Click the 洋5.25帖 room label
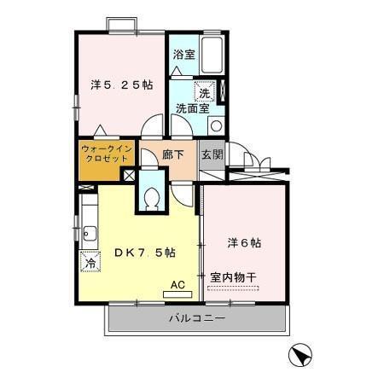123,84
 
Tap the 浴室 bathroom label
183,55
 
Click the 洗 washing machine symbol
204,91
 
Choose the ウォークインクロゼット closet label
106,154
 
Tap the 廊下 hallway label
173,155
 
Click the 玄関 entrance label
212,155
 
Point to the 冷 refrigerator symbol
90,265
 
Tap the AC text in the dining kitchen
177,285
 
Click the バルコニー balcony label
196,319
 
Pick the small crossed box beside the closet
128,174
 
